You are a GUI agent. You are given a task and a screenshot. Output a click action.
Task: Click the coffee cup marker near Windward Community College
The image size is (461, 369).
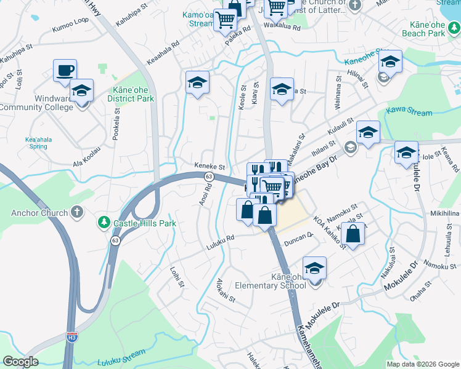(x=65, y=71)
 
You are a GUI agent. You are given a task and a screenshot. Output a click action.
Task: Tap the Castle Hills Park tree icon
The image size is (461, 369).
(x=104, y=222)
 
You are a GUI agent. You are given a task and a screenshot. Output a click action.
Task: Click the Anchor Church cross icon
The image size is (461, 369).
(x=76, y=213)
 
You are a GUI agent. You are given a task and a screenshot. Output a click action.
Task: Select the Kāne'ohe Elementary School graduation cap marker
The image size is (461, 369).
(x=314, y=269)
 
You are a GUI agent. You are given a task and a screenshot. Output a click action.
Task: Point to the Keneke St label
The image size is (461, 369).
(x=210, y=167)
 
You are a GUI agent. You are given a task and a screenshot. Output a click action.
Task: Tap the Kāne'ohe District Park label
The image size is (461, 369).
(x=130, y=94)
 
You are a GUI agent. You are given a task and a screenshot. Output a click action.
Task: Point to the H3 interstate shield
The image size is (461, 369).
(x=72, y=337)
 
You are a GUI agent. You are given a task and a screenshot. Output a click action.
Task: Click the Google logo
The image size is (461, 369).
(x=20, y=362)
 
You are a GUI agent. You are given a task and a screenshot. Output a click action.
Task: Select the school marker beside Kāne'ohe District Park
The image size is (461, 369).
(x=197, y=83)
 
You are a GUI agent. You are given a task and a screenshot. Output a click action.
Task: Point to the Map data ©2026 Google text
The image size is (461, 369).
(x=422, y=363)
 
